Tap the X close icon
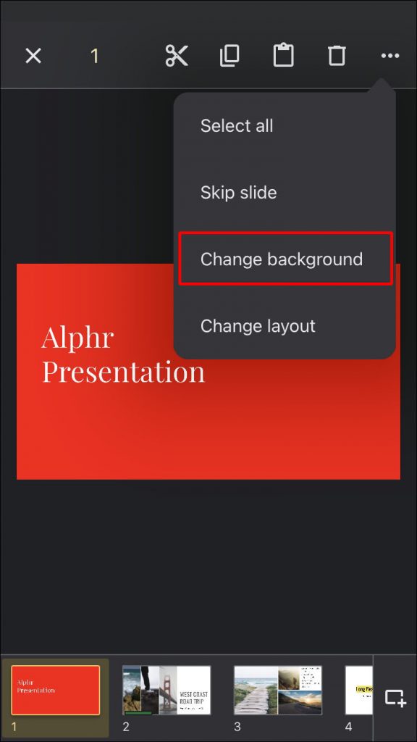[x=33, y=56]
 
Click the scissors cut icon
[x=177, y=56]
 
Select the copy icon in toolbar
[x=229, y=56]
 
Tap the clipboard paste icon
[x=283, y=56]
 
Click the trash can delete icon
[x=337, y=56]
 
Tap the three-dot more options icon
[x=390, y=56]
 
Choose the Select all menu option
[x=237, y=126]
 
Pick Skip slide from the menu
[x=238, y=193]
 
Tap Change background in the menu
[x=282, y=259]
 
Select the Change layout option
[x=258, y=326]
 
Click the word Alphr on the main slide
[x=77, y=338]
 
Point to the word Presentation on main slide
[x=123, y=372]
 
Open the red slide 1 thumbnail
[x=56, y=691]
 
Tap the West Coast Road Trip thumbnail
[x=167, y=691]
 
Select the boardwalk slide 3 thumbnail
[x=278, y=691]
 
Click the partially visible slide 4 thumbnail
[x=359, y=691]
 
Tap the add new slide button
[x=395, y=698]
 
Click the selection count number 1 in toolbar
[x=94, y=56]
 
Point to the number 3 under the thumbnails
[x=237, y=726]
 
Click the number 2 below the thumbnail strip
[x=126, y=726]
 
